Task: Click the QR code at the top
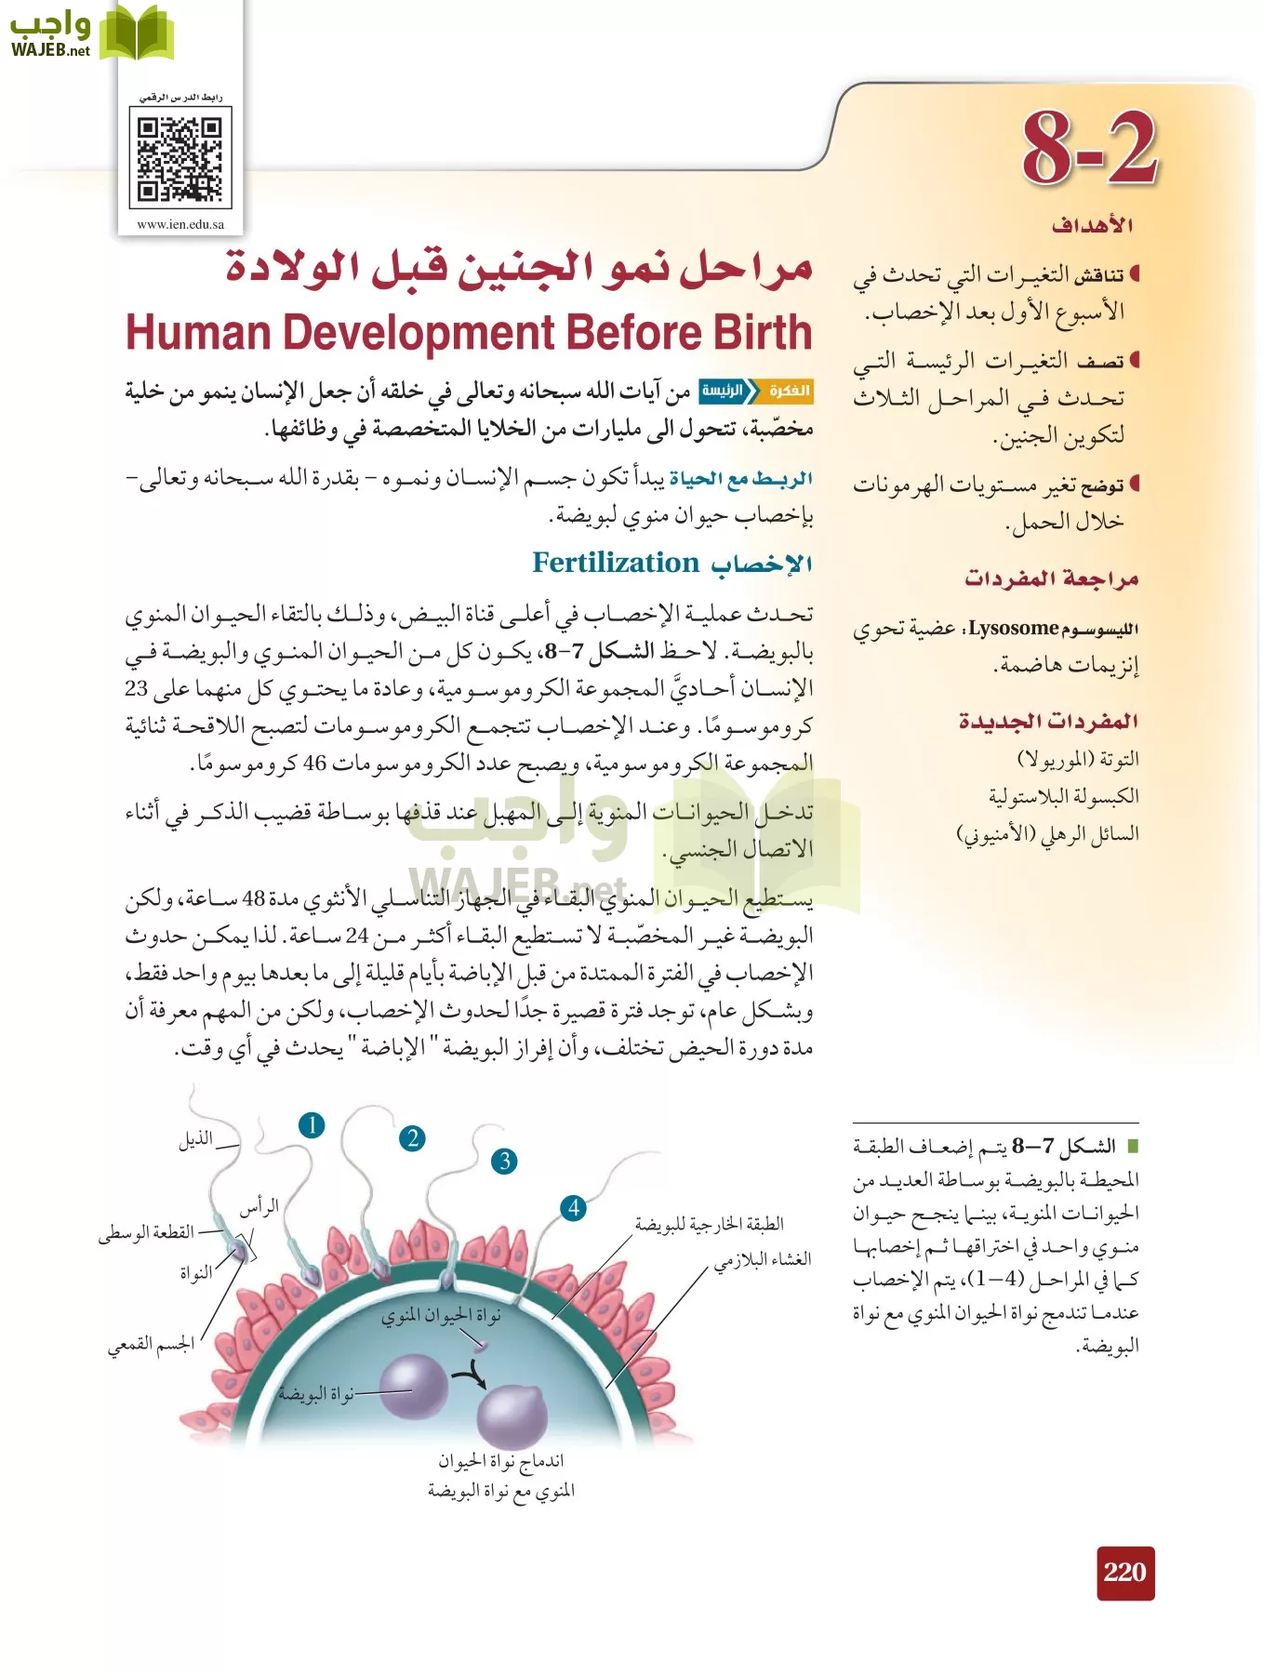[180, 158]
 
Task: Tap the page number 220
[1125, 1573]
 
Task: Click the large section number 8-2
[1090, 149]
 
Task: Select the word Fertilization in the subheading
[615, 564]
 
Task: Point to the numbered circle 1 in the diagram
[312, 1125]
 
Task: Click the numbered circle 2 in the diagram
[412, 1138]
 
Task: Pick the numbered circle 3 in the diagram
[504, 1161]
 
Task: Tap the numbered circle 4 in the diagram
[574, 1208]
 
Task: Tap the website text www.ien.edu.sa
[180, 224]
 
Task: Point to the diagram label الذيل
[196, 1139]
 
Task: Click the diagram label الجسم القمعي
[151, 1345]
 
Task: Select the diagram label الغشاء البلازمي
[763, 1259]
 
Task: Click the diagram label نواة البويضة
[316, 1394]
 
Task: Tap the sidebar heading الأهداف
[1092, 225]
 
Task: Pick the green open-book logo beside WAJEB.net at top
[137, 33]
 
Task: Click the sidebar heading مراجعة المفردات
[1051, 578]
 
